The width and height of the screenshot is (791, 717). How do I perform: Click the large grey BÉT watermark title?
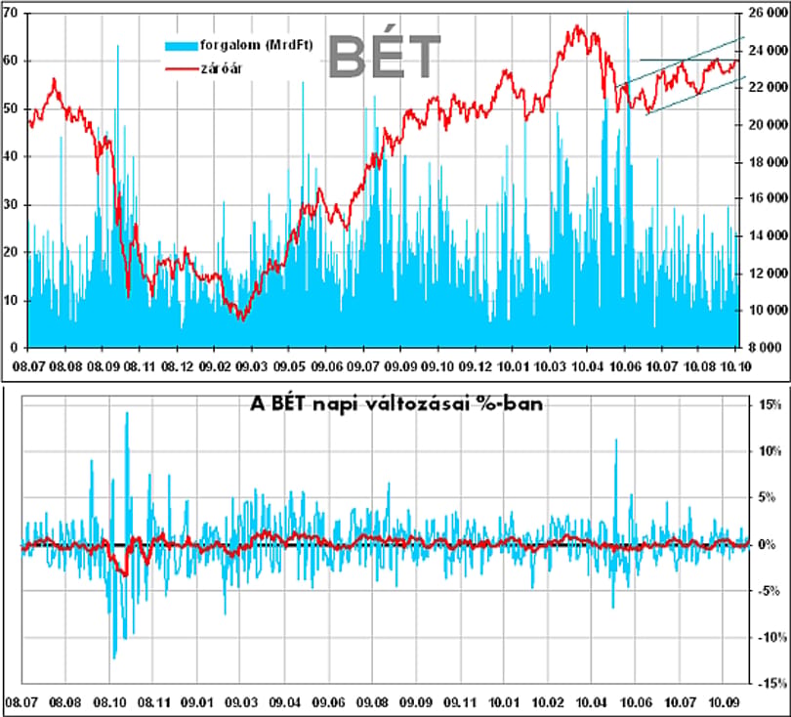pyautogui.click(x=385, y=56)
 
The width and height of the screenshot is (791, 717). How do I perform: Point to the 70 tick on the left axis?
pyautogui.click(x=10, y=13)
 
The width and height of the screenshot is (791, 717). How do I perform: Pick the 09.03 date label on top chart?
pyautogui.click(x=251, y=366)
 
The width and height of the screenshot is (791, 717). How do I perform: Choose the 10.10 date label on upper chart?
pyautogui.click(x=735, y=366)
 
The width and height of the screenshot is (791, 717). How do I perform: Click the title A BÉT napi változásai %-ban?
pyautogui.click(x=396, y=404)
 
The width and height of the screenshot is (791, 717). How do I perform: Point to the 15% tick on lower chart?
pyautogui.click(x=770, y=404)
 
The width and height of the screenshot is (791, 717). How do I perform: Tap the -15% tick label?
pyautogui.click(x=771, y=683)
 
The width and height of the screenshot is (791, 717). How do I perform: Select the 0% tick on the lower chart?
pyautogui.click(x=768, y=544)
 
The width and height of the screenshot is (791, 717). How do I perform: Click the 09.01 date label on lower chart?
pyautogui.click(x=197, y=702)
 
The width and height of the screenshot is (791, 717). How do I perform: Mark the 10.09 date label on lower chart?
pyautogui.click(x=724, y=702)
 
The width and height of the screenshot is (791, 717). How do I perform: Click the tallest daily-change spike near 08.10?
pyautogui.click(x=127, y=414)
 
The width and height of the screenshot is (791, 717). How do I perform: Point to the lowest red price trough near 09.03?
pyautogui.click(x=242, y=319)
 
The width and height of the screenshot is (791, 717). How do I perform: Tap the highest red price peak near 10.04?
pyautogui.click(x=577, y=26)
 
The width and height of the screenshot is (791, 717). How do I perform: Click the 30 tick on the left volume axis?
pyautogui.click(x=11, y=205)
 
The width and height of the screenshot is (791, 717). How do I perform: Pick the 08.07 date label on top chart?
pyautogui.click(x=28, y=366)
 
